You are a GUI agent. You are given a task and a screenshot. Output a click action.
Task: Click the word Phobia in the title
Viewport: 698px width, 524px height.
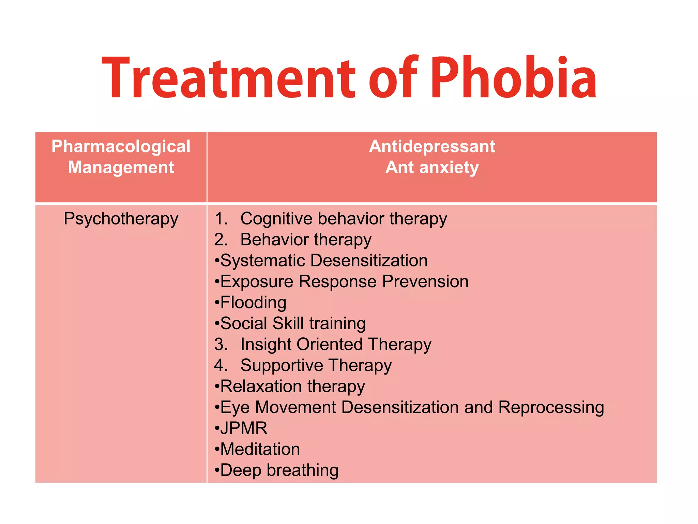pyautogui.click(x=514, y=78)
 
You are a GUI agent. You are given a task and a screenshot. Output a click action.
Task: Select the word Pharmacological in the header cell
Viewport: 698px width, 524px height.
pyautogui.click(x=121, y=147)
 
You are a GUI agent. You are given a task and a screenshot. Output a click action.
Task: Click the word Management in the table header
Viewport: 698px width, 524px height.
pyautogui.click(x=121, y=168)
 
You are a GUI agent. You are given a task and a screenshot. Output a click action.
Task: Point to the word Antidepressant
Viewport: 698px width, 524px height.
pyautogui.click(x=432, y=147)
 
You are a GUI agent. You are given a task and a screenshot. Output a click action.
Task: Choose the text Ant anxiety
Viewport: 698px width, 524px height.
pyautogui.click(x=432, y=168)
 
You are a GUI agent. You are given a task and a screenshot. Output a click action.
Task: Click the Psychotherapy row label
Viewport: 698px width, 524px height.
pyautogui.click(x=121, y=219)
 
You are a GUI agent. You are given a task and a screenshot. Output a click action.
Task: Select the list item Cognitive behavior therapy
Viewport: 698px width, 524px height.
pyautogui.click(x=344, y=219)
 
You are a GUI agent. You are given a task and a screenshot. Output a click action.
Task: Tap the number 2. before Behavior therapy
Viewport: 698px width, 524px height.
pyautogui.click(x=221, y=239)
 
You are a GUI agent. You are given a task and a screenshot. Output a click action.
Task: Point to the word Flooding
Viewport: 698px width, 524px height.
pyautogui.click(x=253, y=303)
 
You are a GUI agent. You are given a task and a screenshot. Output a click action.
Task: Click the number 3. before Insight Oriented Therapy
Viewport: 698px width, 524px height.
pyautogui.click(x=221, y=344)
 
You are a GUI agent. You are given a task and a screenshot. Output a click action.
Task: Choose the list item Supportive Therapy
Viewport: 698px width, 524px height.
pyautogui.click(x=316, y=365)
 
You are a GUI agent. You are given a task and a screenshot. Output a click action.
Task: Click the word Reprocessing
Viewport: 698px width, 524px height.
pyautogui.click(x=551, y=407)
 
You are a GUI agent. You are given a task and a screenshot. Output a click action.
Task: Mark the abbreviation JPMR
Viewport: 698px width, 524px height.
pyautogui.click(x=244, y=428)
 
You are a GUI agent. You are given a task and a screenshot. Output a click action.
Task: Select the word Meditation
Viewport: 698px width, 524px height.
pyautogui.click(x=260, y=449)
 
